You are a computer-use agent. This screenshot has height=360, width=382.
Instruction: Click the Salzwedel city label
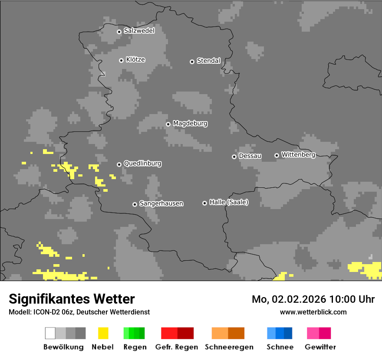pos(139,31)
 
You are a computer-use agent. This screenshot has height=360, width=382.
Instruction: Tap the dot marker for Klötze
pos(121,60)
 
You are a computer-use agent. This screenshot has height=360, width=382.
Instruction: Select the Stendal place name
pos(208,61)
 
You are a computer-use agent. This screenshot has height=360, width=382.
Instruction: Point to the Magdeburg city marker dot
pos(168,124)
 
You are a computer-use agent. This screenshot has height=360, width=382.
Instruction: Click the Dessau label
pos(250,156)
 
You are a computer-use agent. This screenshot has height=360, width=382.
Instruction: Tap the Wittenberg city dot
pos(277,155)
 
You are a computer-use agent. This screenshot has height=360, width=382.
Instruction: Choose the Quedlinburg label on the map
pos(142,164)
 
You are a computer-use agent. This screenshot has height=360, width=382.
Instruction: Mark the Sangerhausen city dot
pos(135,204)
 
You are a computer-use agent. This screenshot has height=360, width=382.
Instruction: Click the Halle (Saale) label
pos(229,202)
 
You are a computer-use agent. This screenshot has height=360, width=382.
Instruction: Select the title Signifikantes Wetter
pos(72,299)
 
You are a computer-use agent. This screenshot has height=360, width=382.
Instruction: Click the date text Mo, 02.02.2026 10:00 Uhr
pos(313,299)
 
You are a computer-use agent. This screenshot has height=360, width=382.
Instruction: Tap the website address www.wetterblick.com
pos(313,312)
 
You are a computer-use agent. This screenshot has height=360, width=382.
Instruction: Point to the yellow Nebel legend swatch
pos(103,333)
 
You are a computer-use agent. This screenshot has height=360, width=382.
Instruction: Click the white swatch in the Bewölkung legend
pos(50,333)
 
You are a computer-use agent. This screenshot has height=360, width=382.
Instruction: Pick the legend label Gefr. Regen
pos(177,347)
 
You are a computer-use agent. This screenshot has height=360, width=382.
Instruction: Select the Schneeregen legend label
pos(229,347)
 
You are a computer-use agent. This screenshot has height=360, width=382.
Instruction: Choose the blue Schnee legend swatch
pos(280,333)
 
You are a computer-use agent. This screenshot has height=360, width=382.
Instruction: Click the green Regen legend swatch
pos(134,333)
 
